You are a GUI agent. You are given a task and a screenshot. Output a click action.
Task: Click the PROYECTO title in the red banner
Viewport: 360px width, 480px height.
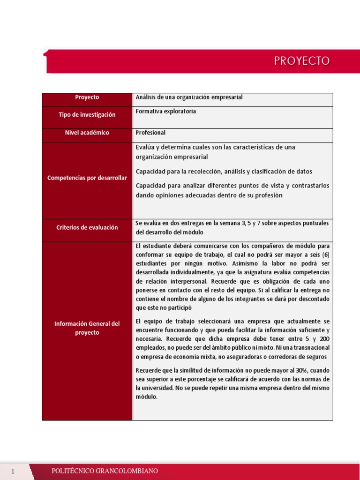tap(302, 61)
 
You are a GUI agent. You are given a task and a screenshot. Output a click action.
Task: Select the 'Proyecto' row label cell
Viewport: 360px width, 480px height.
tap(87, 97)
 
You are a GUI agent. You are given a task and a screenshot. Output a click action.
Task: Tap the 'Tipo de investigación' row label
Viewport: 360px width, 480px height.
tap(87, 115)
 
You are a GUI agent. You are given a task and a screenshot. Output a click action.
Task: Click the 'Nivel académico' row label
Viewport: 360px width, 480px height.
tap(87, 133)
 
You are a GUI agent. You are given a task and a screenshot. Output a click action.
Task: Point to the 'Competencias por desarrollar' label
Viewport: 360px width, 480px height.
tap(87, 178)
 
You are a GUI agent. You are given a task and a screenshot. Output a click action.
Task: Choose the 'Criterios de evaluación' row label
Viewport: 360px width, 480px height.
tap(87, 227)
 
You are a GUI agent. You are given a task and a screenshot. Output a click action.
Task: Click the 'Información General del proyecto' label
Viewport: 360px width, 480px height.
tap(87, 328)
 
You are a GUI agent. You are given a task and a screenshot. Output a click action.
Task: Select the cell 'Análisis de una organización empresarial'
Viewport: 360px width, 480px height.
tap(189, 97)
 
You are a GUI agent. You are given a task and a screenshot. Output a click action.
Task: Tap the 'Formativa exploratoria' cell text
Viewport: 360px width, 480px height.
tap(165, 112)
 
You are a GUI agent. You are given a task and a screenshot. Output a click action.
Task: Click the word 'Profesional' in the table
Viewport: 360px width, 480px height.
tap(150, 133)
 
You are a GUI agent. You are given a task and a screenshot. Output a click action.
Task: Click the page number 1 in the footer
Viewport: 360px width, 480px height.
tap(14, 471)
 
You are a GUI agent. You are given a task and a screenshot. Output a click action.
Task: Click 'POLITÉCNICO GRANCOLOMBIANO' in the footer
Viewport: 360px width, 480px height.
tap(105, 471)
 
